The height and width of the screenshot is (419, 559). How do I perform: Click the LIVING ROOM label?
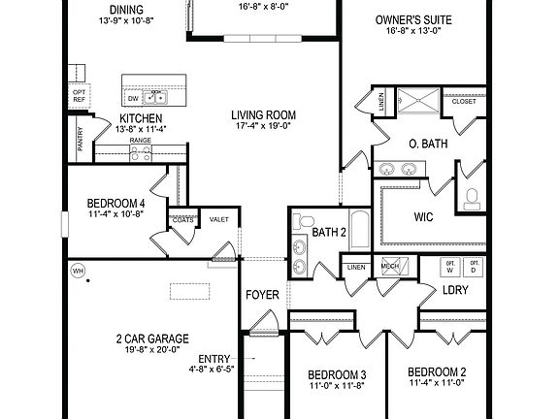[264, 115]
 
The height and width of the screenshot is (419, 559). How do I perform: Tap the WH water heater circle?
[76, 271]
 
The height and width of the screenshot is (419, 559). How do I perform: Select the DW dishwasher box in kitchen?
[132, 98]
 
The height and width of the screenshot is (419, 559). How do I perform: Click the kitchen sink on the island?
[155, 98]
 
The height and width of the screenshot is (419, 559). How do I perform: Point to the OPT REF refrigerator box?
[80, 95]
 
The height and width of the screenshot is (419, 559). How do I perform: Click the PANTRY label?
[80, 142]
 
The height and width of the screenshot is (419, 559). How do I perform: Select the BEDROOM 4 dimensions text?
[115, 213]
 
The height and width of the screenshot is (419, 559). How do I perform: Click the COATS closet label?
[183, 220]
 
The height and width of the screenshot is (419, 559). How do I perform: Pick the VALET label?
[219, 220]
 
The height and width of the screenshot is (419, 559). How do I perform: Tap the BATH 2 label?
[330, 233]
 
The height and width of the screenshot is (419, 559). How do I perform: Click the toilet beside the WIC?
[473, 199]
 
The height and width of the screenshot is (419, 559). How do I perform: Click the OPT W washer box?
[450, 266]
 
